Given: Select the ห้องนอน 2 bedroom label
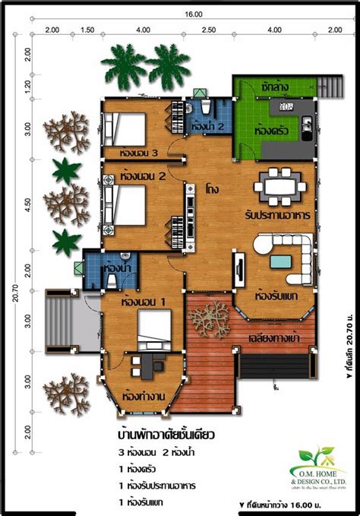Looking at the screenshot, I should [142, 176].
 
